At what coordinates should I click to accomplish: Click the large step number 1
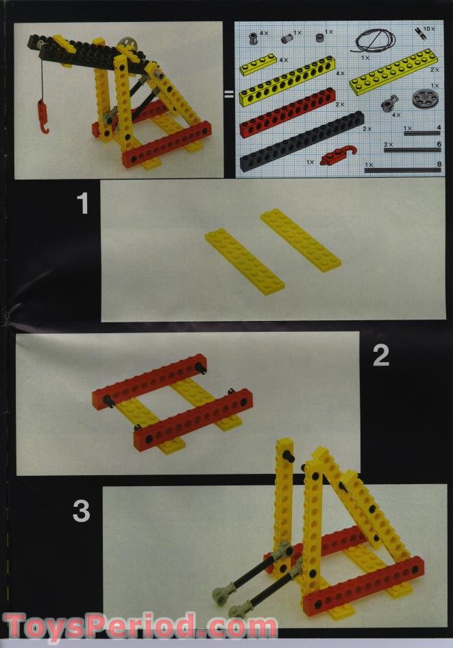click(x=83, y=204)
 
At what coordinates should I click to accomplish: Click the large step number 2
click(x=380, y=355)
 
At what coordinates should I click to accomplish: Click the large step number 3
click(x=82, y=511)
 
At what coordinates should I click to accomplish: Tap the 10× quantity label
click(x=428, y=29)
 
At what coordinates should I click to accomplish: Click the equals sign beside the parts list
click(x=229, y=95)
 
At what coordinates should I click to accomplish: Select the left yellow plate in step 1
click(x=244, y=261)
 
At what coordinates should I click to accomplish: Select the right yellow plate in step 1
click(x=300, y=240)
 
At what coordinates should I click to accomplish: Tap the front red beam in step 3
click(x=363, y=584)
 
